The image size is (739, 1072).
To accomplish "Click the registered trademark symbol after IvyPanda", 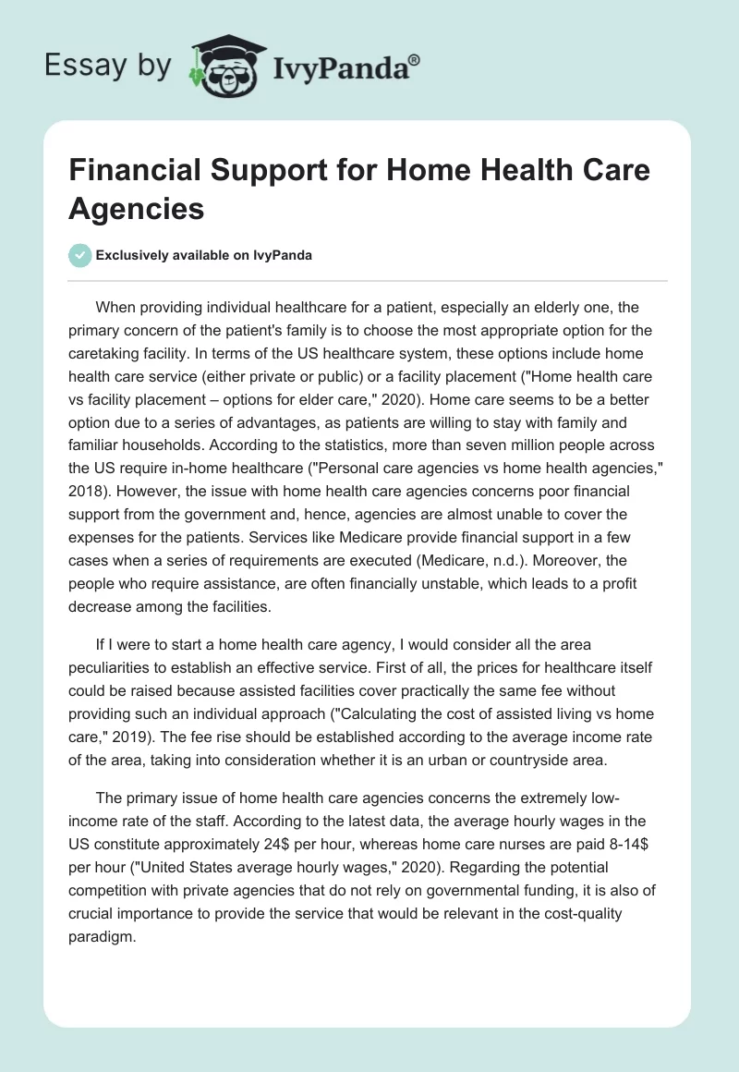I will click(x=415, y=60).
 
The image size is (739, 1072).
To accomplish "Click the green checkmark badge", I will click(x=80, y=256).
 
